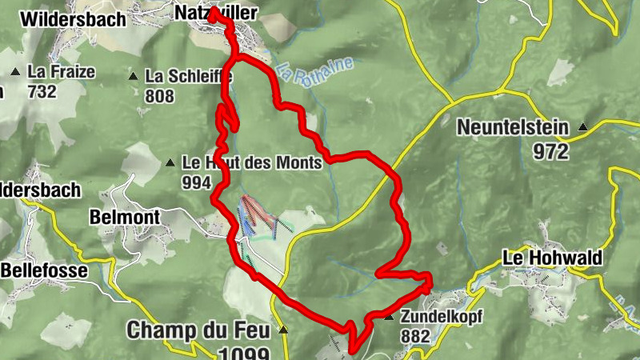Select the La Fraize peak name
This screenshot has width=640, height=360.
click(x=61, y=72)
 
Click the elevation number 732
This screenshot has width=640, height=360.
click(x=41, y=91)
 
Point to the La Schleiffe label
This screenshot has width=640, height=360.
click(x=189, y=77)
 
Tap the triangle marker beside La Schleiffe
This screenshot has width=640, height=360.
click(x=134, y=77)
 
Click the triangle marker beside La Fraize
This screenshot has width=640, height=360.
click(x=14, y=73)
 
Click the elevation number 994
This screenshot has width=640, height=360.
click(x=197, y=182)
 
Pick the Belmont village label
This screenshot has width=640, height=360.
click(x=126, y=217)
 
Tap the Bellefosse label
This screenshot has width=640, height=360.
click(x=44, y=270)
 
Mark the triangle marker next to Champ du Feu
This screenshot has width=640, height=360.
click(x=282, y=330)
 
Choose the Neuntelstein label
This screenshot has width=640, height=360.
click(x=513, y=127)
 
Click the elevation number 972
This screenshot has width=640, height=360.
click(x=553, y=150)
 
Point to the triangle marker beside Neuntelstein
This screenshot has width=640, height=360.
click(x=583, y=126)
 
